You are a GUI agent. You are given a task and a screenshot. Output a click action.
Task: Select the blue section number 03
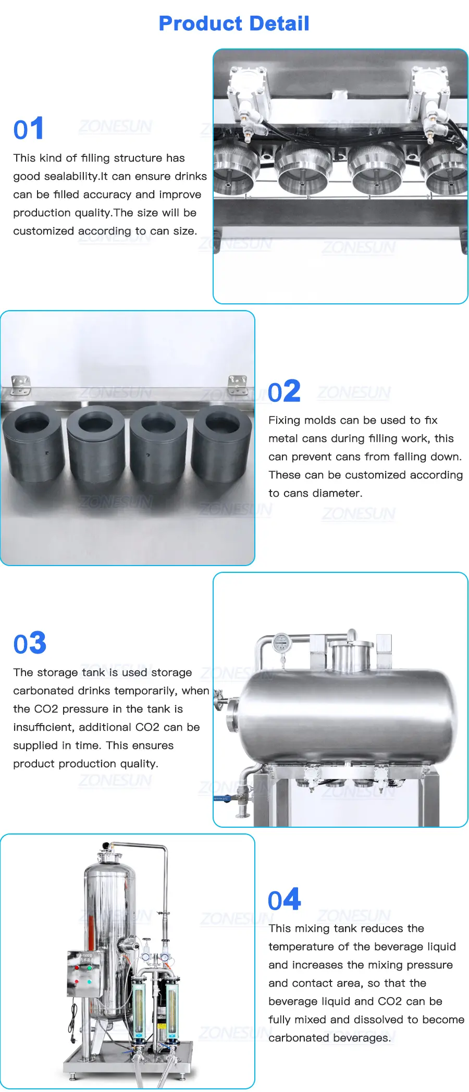coord(30,643)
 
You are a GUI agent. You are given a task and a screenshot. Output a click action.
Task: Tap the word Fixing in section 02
coord(285,421)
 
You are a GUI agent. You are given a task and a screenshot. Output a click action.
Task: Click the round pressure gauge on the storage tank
coord(281,644)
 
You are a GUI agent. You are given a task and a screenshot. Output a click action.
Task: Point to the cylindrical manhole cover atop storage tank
coord(352,655)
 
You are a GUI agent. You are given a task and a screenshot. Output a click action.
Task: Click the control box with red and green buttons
coord(84,974)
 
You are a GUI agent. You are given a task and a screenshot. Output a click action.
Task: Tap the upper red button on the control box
coord(78,968)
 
